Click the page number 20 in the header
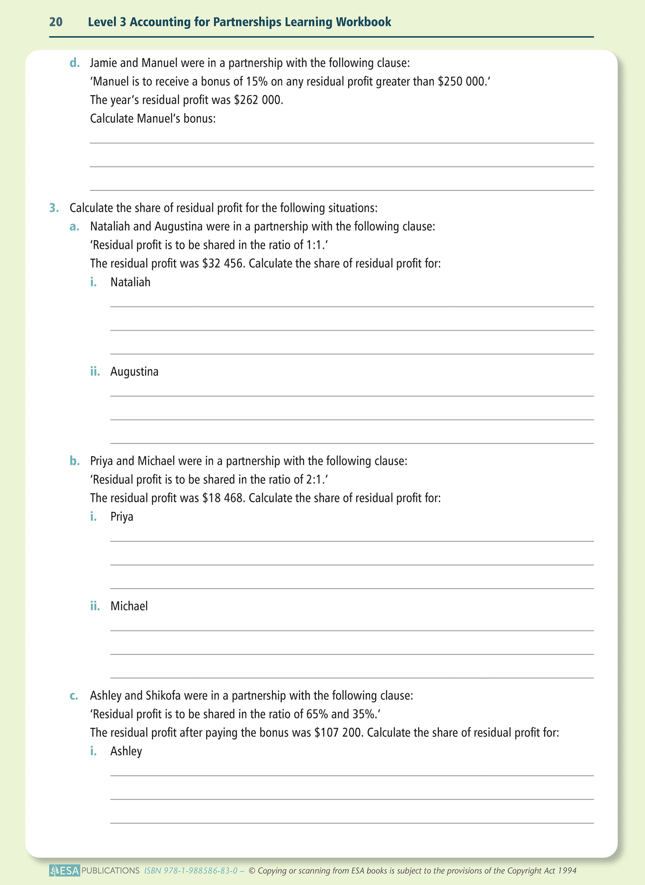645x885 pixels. [56, 22]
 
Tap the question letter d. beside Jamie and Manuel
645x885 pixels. [75, 63]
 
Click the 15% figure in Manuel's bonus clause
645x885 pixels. [256, 82]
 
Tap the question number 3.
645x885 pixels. [54, 208]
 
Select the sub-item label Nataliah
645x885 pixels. [130, 282]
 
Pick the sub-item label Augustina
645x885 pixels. [134, 372]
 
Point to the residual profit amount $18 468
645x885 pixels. [223, 498]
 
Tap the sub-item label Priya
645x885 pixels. [122, 517]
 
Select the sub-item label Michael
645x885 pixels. [129, 606]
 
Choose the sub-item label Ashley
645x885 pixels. [126, 751]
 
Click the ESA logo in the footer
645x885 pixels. [65, 871]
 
